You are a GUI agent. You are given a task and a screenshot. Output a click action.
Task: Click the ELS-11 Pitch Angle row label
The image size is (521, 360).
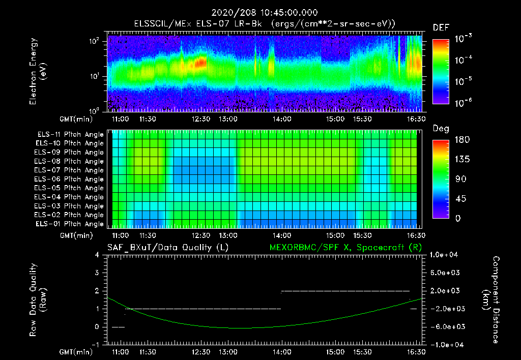70,134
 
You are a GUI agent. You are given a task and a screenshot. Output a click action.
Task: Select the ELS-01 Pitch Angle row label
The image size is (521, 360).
70,224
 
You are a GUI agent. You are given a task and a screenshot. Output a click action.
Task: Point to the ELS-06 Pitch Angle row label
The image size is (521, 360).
70,179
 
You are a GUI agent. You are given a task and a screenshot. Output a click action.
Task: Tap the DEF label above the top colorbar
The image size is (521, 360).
441,27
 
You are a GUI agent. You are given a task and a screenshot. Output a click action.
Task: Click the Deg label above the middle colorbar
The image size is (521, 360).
440,129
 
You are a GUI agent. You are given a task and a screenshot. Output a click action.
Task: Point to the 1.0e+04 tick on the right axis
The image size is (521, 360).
446,255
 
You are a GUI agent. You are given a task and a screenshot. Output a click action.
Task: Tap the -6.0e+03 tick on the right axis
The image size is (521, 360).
445,326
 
